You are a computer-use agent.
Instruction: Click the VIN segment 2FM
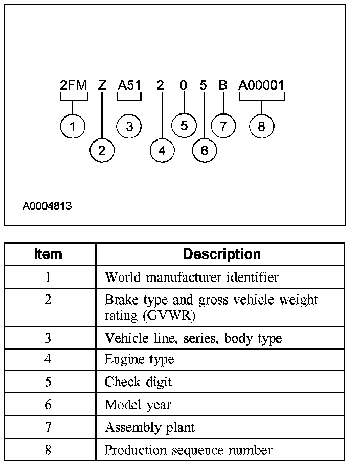(73, 85)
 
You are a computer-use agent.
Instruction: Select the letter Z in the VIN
(102, 85)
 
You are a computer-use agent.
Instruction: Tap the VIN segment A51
(129, 85)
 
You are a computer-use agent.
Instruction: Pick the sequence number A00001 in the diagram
(261, 85)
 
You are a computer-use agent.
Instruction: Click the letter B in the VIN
(222, 85)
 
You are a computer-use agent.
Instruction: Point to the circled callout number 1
(73, 126)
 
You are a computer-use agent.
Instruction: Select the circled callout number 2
(102, 150)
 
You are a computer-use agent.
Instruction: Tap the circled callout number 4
(162, 150)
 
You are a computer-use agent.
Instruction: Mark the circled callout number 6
(205, 150)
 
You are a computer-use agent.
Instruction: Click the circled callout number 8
(261, 126)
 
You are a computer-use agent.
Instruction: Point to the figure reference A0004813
(47, 207)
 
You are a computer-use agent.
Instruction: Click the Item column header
(48, 254)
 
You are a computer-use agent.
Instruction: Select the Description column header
(222, 254)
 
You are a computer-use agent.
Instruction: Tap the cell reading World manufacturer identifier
(191, 277)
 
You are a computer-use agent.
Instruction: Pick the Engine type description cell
(139, 359)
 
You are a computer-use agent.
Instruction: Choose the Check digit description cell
(138, 382)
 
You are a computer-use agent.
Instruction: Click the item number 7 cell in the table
(48, 427)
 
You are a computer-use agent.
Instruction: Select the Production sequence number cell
(188, 450)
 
